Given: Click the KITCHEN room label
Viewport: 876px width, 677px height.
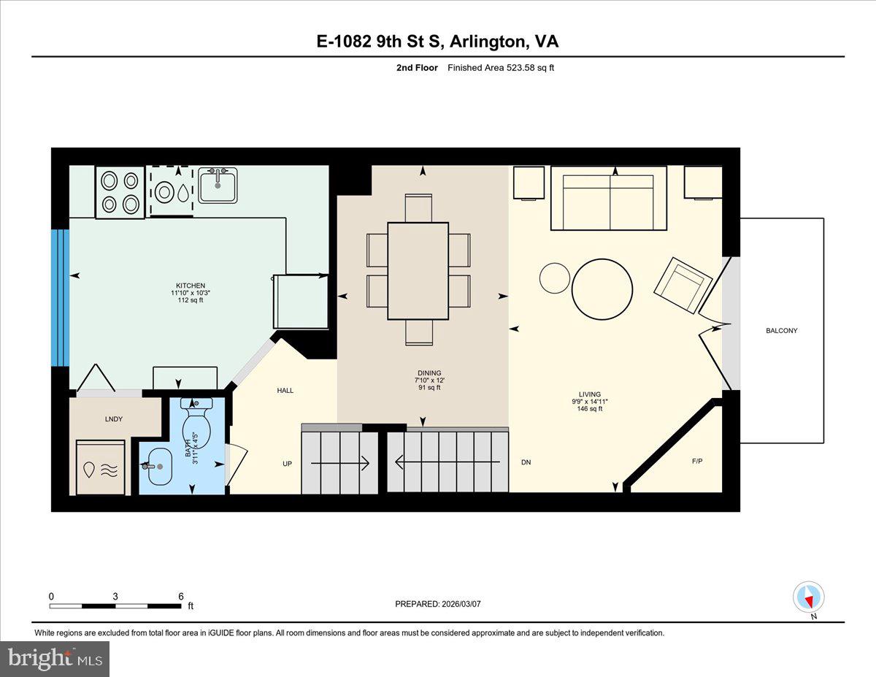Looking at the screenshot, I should coord(190,286).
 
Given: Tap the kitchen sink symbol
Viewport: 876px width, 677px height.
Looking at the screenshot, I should coord(218,185).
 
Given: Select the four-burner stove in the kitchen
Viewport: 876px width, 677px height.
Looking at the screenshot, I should coord(120,192).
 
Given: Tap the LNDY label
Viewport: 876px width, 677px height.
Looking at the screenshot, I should coord(113,419).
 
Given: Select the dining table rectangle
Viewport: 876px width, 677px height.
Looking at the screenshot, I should coord(418,271).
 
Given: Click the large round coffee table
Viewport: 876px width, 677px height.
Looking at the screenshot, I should coord(602,289).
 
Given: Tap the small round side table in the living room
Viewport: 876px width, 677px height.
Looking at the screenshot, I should coord(554,278).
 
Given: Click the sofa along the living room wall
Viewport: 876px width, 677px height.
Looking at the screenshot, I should coord(608,199).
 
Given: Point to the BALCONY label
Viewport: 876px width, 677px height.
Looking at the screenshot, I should coord(781,331).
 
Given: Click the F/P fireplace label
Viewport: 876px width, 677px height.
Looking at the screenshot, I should coord(696,462).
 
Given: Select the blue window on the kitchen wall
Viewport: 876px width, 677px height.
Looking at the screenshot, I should coord(60,298).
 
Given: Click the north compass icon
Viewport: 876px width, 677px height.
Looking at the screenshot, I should coord(808,597).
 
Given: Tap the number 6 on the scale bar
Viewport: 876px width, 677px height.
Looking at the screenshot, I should coord(180,596).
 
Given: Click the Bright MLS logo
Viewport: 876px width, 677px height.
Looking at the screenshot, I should coord(55,659).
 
